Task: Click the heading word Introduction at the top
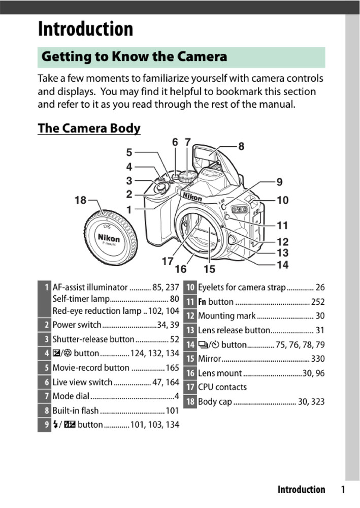click(85, 29)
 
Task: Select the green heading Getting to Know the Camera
click(134, 56)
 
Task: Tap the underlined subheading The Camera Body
click(89, 128)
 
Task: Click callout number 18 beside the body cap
click(80, 200)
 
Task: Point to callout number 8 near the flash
click(241, 147)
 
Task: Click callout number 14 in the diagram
click(282, 265)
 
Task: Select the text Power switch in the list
click(77, 325)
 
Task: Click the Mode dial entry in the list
click(71, 396)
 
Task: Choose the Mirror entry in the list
click(209, 359)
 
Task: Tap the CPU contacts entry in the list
click(222, 387)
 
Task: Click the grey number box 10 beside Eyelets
click(189, 288)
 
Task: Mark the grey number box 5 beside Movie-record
click(44, 367)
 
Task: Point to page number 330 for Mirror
click(317, 359)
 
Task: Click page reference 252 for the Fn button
click(317, 302)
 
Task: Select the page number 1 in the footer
click(343, 490)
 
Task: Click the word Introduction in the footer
click(301, 490)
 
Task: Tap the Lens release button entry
click(234, 330)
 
